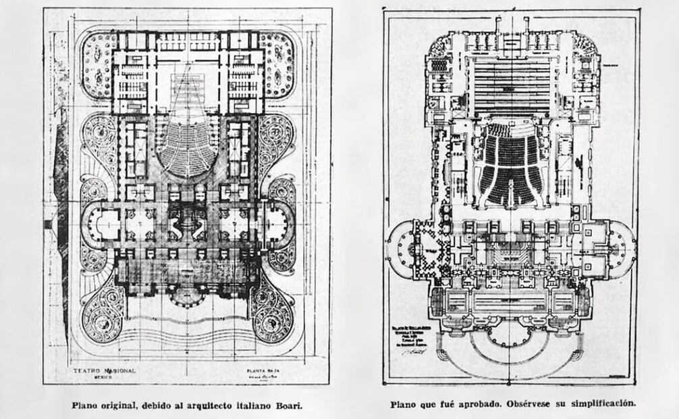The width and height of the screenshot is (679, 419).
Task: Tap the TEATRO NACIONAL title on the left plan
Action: point(105,371)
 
